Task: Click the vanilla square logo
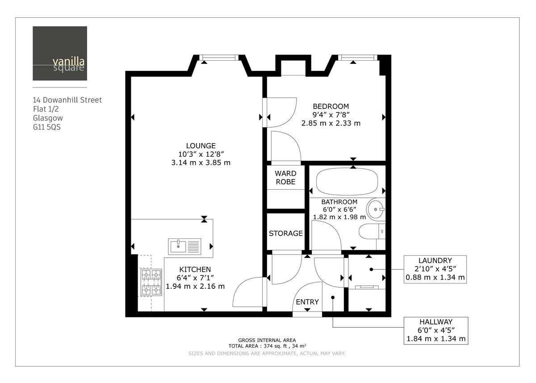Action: [60, 54]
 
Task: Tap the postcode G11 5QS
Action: [46, 128]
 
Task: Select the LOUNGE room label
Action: [201, 146]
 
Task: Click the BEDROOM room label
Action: [331, 106]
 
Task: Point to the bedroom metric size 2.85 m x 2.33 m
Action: [331, 123]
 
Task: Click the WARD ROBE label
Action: [285, 177]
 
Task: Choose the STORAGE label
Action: [285, 233]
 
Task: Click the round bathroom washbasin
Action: [377, 209]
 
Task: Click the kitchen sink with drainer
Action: [185, 246]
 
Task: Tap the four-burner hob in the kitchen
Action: [151, 282]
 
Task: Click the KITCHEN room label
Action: [195, 270]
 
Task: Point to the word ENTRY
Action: [307, 302]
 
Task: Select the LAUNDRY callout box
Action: [435, 269]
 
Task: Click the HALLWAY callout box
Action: [435, 330]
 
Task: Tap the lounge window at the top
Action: [219, 57]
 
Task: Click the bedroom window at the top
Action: [357, 57]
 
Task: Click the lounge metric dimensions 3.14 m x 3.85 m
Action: [201, 162]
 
